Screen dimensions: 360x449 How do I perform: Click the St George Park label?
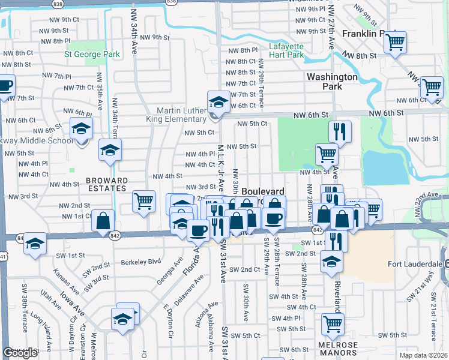click(92, 55)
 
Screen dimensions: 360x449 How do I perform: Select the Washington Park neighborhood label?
click(332, 82)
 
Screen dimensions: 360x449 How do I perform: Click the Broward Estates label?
click(106, 184)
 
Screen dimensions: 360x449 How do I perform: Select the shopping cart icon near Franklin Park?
click(395, 43)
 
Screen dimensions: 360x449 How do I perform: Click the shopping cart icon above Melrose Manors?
click(333, 325)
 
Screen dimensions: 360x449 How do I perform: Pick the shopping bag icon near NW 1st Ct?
click(103, 220)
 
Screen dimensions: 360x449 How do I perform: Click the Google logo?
click(20, 353)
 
